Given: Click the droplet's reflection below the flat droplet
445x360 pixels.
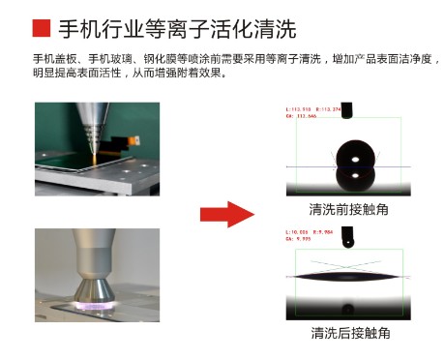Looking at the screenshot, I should click(x=347, y=310).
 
